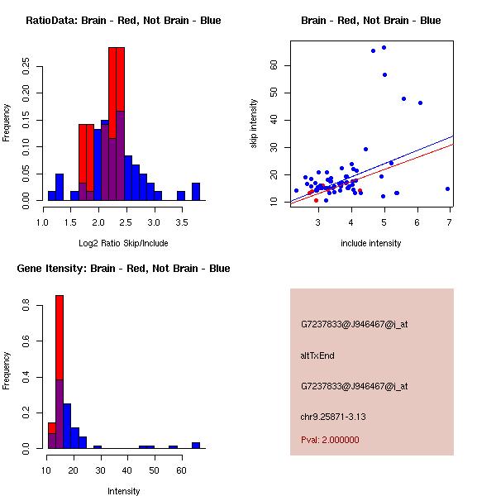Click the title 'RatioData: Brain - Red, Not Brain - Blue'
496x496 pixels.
tap(123, 21)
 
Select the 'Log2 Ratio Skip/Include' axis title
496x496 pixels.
tap(123, 242)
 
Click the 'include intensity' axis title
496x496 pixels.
tap(371, 242)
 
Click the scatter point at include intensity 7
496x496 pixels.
tap(447, 188)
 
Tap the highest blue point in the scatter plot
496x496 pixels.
tap(384, 48)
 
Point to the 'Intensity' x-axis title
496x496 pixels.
tap(124, 491)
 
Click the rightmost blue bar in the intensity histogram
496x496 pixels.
tap(196, 445)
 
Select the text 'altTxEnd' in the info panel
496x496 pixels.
tap(317, 355)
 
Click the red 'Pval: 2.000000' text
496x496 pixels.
tap(330, 440)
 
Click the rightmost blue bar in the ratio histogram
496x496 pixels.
tap(196, 192)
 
